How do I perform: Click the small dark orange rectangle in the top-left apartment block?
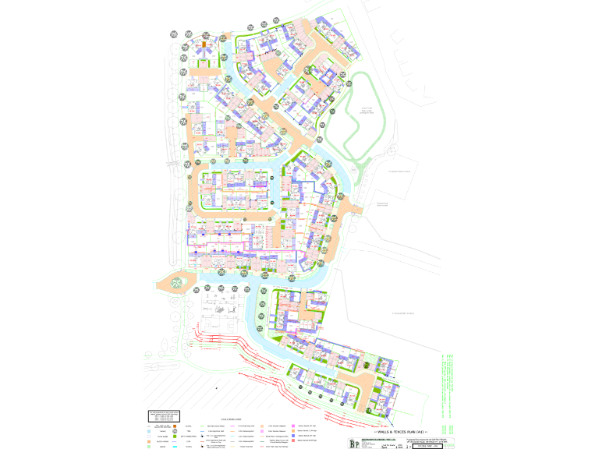pos(204,46)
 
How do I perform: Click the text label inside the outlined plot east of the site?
pos(382,204)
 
